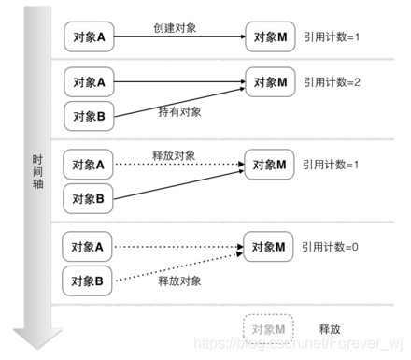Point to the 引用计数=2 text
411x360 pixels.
[332, 82]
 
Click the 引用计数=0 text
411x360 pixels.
[332, 248]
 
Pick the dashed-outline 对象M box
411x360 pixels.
[269, 327]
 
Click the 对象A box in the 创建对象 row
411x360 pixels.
[88, 38]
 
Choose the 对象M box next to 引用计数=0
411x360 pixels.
[269, 248]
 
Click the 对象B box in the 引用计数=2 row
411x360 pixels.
[88, 116]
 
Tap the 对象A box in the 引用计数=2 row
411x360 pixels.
[88, 82]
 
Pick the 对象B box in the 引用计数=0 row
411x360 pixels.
[88, 279]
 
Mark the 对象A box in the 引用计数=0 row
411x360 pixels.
[88, 248]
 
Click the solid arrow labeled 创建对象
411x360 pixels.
[177, 38]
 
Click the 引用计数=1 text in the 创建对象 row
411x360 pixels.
[332, 38]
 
